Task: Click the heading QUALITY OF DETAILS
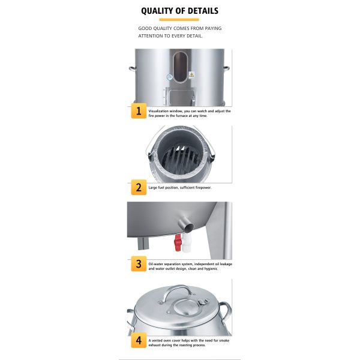(x=179, y=11)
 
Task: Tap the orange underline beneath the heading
(x=179, y=20)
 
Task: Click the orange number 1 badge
(x=139, y=111)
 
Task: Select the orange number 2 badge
(x=139, y=187)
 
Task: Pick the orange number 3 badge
(x=139, y=264)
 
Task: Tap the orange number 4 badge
(x=139, y=340)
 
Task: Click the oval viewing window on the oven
(x=180, y=67)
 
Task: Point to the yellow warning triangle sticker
(x=191, y=74)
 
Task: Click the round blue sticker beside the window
(x=170, y=77)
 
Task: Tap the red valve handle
(x=178, y=242)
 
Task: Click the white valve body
(x=187, y=244)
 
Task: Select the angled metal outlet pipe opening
(x=190, y=227)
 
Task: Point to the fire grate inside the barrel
(x=180, y=158)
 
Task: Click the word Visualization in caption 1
(x=158, y=111)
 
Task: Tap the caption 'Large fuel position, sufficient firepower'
(x=180, y=188)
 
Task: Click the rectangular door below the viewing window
(x=182, y=97)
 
